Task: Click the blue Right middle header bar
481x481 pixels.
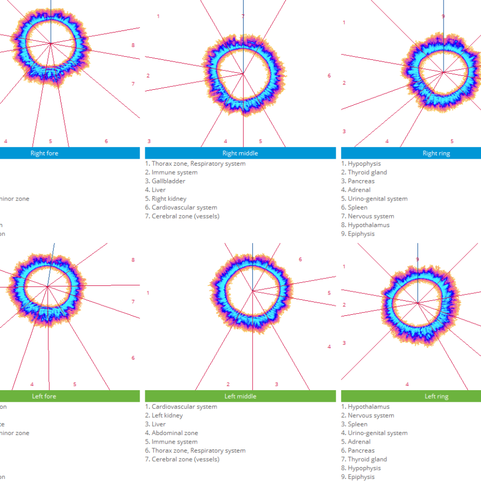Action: [240, 153]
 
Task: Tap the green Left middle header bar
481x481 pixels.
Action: [240, 397]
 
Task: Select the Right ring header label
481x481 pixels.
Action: [436, 153]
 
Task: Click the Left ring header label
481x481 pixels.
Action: [436, 397]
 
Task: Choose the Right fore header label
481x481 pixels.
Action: [45, 153]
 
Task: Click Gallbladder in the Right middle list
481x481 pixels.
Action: [168, 181]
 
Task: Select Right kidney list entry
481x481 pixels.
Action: [169, 199]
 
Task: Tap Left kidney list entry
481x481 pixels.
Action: [167, 415]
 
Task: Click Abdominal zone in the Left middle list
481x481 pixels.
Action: [174, 433]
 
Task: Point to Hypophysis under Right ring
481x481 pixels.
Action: [364, 164]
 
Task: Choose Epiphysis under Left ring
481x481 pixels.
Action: [361, 477]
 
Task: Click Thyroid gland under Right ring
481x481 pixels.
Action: [367, 172]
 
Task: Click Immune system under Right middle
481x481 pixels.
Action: [174, 172]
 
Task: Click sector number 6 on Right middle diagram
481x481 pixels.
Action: [329, 76]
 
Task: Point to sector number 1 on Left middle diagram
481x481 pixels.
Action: [148, 293]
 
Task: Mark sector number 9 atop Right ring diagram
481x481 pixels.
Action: [443, 17]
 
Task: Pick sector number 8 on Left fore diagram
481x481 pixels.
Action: [133, 260]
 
